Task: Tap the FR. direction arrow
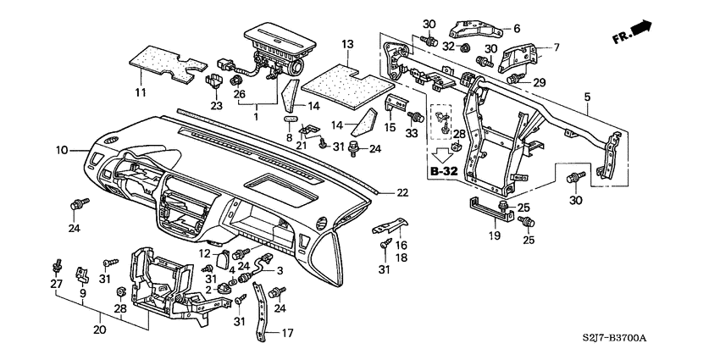point(634,33)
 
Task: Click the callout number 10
point(62,151)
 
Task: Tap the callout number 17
point(287,333)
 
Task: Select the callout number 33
point(413,134)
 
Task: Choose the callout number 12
point(204,253)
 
